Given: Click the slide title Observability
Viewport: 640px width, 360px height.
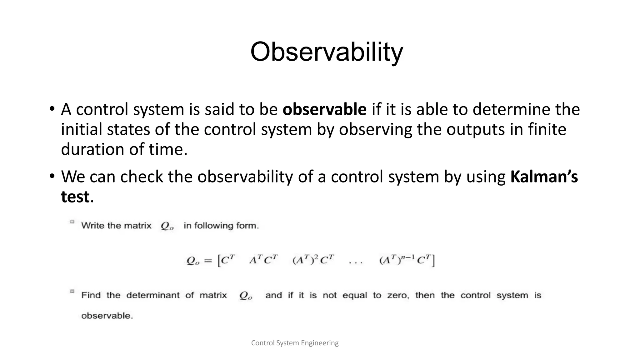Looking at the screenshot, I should [x=327, y=52].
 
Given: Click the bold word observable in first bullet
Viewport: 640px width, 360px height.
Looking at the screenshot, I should [x=324, y=110].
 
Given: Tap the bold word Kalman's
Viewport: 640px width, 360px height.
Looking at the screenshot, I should [x=544, y=177].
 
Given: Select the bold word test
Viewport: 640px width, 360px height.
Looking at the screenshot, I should [x=75, y=197].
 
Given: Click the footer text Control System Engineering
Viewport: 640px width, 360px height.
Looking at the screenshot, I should [x=295, y=343].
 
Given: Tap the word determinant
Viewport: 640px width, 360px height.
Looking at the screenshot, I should [x=153, y=295].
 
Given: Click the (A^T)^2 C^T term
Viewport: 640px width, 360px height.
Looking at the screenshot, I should [x=313, y=260].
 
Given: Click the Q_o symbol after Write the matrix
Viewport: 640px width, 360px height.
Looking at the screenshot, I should [x=167, y=226].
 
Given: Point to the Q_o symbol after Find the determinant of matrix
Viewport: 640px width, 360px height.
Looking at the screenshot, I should [x=246, y=296].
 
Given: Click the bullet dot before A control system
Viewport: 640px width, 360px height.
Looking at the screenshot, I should [x=52, y=110].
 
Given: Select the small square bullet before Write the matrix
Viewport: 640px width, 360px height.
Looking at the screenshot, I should [x=72, y=222].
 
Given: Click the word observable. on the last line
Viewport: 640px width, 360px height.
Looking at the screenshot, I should [x=107, y=316].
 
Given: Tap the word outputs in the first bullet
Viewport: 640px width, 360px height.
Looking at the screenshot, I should [x=475, y=129].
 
